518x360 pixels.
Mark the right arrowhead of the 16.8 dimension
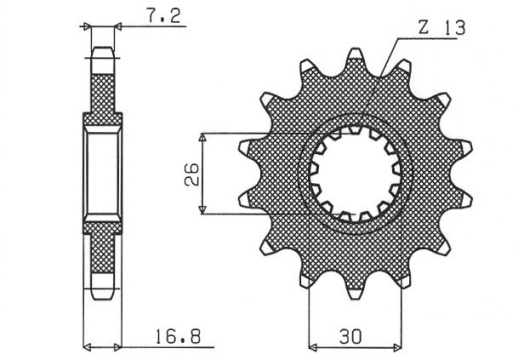(117, 347)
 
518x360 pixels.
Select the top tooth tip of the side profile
(102, 52)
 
